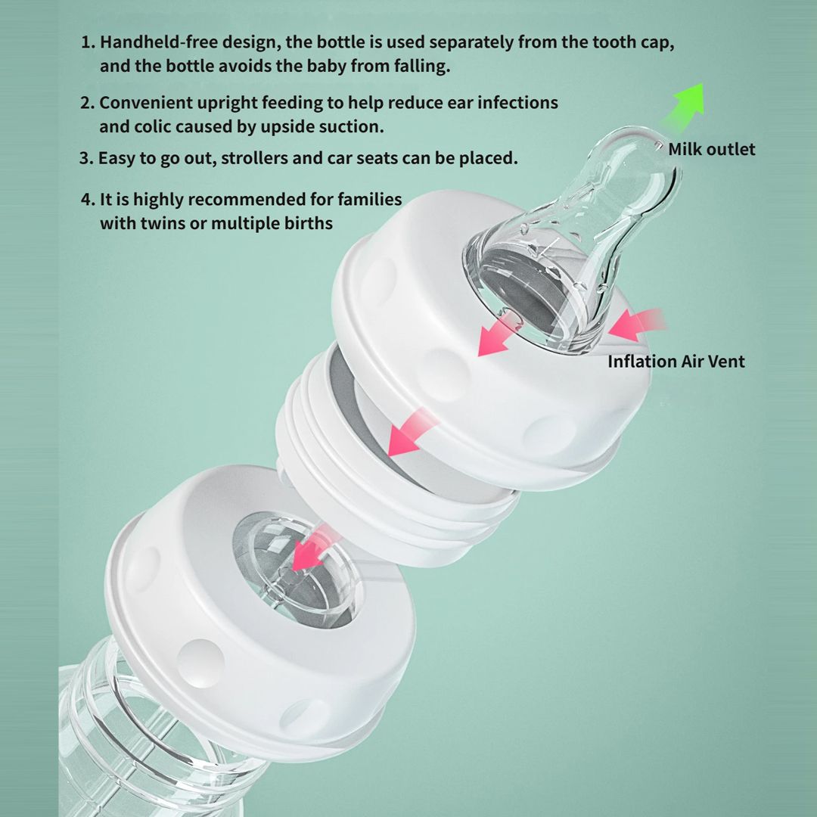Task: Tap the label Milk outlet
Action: pos(711,150)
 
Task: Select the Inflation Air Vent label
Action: pos(676,361)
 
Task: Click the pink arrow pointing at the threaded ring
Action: pos(411,433)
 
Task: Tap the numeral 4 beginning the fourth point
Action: pos(86,200)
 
